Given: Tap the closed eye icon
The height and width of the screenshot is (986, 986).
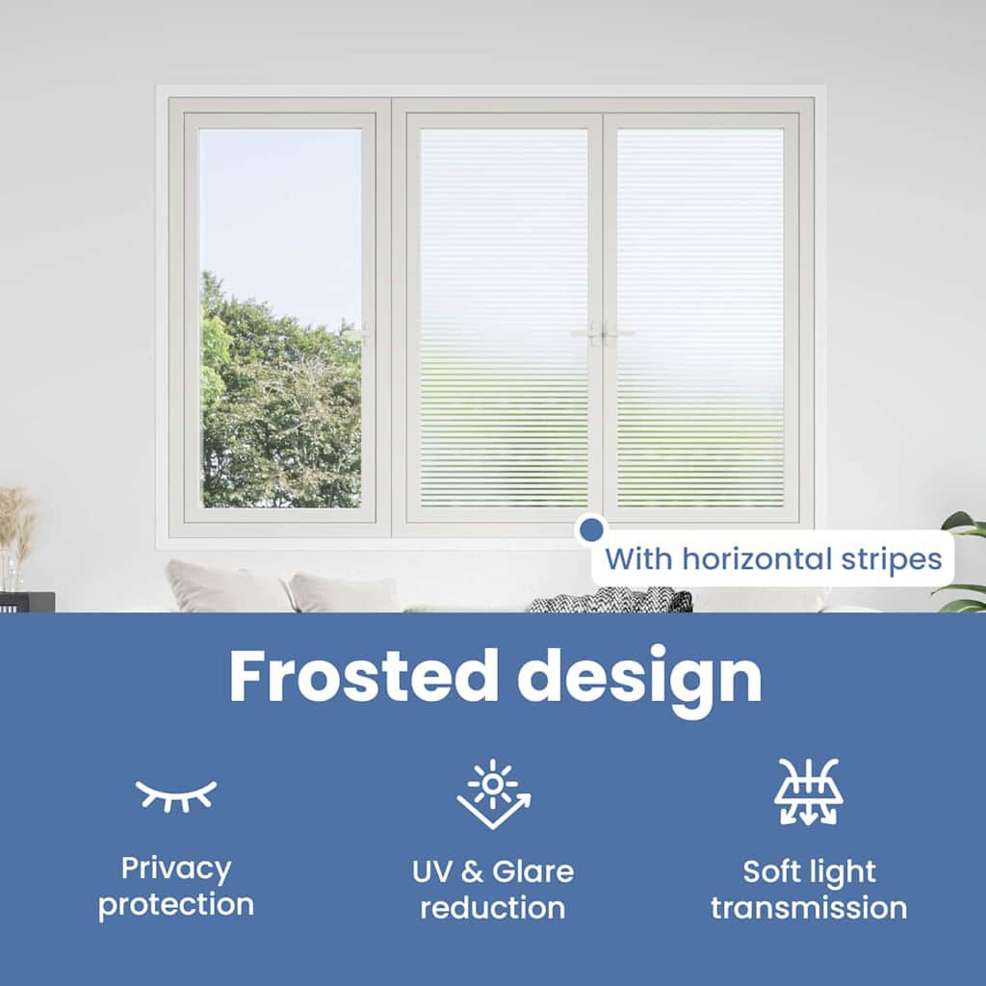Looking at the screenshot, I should click(x=176, y=794).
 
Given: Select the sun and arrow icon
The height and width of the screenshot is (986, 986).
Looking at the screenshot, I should click(x=493, y=793).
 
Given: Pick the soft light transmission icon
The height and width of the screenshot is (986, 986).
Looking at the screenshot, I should click(x=809, y=791).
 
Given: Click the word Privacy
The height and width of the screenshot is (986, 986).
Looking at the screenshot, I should click(x=176, y=869).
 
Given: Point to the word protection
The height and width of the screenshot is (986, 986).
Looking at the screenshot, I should click(x=176, y=905).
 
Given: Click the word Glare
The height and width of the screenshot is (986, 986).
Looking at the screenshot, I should click(x=532, y=871).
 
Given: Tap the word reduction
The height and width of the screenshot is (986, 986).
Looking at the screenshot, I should click(x=493, y=907).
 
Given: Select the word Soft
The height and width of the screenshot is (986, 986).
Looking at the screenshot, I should click(x=768, y=871).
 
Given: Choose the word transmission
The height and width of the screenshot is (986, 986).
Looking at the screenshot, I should click(x=809, y=907).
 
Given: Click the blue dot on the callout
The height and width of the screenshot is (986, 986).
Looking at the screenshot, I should click(x=590, y=530).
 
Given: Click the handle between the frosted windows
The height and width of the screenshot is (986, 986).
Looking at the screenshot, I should click(x=602, y=333).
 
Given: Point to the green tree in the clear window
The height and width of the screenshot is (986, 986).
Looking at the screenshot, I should click(x=279, y=404).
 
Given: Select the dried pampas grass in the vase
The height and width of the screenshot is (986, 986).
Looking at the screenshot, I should click(x=16, y=520).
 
